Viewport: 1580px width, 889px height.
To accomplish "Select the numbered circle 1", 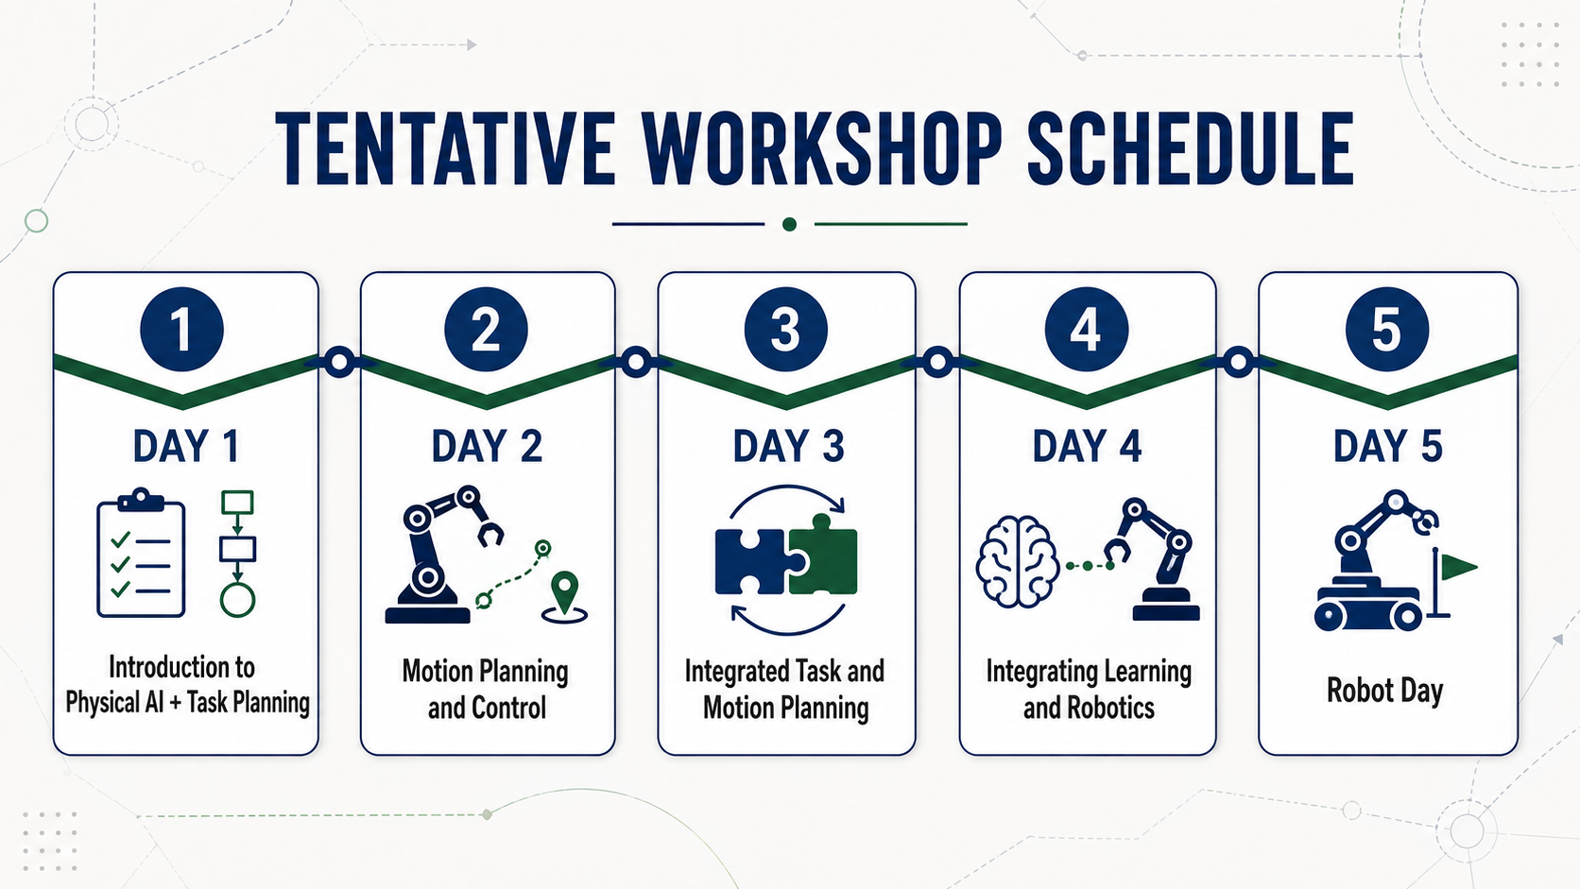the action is [182, 329].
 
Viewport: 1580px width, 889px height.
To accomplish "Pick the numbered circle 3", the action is [786, 329].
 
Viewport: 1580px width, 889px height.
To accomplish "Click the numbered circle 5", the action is [1386, 329].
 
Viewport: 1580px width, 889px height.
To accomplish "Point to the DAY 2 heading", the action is [487, 446].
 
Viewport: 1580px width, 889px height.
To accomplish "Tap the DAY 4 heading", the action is [1087, 446].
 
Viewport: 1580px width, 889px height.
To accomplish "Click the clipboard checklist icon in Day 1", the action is [141, 554].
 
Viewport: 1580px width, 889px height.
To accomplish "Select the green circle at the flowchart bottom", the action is [237, 601].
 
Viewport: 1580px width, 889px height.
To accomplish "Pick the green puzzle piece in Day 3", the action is [822, 555].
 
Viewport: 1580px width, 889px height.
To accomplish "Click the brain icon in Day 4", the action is [1017, 562].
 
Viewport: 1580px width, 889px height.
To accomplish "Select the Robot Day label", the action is [1384, 691].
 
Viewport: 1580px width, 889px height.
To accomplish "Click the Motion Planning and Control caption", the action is [486, 690].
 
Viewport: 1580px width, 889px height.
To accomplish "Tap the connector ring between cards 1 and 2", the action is [339, 362].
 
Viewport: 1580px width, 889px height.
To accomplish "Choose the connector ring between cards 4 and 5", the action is [1238, 362].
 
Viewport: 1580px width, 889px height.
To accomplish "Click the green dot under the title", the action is [789, 224].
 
